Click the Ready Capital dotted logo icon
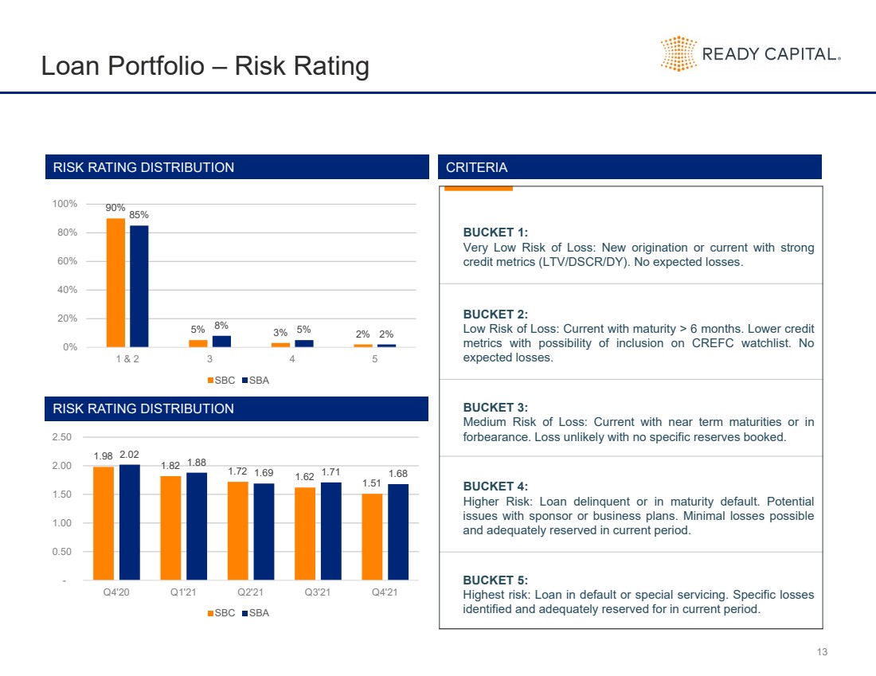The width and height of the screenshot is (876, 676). click(x=679, y=53)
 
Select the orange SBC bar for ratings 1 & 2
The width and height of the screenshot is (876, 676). click(x=115, y=283)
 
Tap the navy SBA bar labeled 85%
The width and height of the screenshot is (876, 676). click(x=139, y=286)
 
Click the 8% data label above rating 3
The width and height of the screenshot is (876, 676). click(x=221, y=326)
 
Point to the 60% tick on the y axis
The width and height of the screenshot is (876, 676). click(x=67, y=261)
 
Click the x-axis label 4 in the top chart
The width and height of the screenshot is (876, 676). click(x=292, y=359)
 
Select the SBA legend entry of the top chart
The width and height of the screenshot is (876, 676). click(x=256, y=381)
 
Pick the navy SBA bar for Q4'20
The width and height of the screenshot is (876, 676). click(x=130, y=522)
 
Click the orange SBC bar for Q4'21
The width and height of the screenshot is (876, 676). click(x=372, y=537)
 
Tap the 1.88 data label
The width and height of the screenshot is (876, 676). click(x=197, y=463)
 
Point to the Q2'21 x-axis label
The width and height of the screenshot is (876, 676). click(x=250, y=592)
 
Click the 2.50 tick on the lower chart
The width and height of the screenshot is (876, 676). click(x=61, y=437)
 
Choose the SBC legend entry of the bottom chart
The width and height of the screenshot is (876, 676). click(x=221, y=613)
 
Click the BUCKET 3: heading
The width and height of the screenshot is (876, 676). click(x=495, y=408)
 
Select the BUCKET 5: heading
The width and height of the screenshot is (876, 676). click(x=495, y=580)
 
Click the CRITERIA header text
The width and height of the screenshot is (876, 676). click(x=476, y=167)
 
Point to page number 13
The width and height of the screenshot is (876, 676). click(x=822, y=652)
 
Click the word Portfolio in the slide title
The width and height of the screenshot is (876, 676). click(x=156, y=66)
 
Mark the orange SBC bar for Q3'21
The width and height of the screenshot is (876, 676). click(x=305, y=533)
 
